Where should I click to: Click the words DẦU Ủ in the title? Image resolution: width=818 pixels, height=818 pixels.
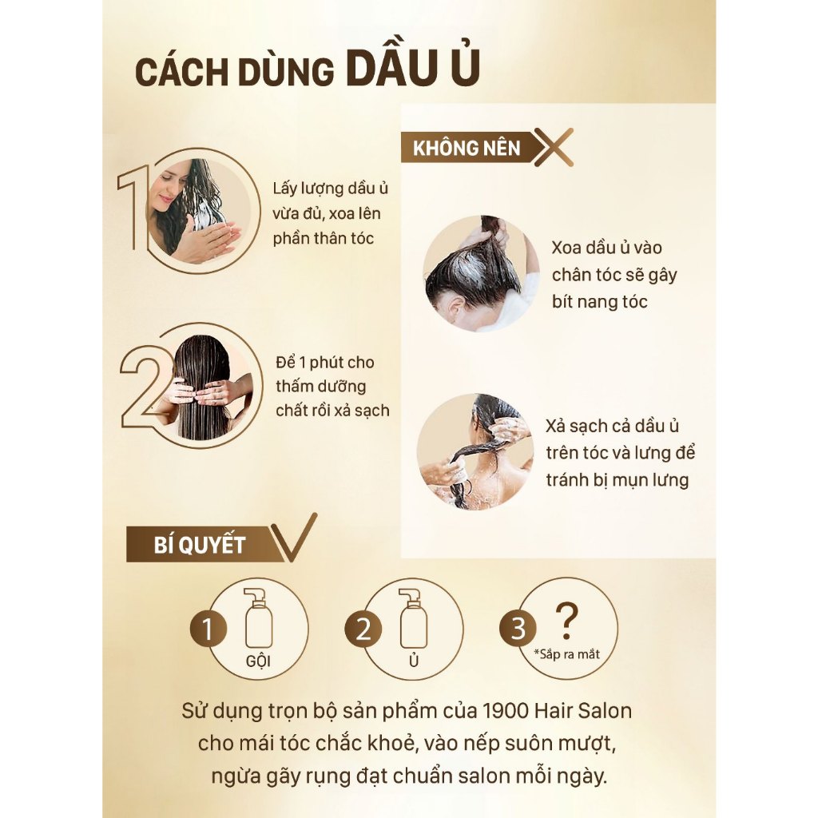(413, 67)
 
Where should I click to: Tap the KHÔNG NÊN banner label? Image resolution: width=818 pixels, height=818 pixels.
(467, 148)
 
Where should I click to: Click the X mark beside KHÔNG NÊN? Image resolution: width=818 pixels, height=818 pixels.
(554, 147)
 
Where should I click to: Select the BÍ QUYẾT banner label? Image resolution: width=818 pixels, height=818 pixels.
(199, 545)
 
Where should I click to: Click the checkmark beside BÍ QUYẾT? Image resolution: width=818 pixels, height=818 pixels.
(295, 538)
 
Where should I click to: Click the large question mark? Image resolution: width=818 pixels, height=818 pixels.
(566, 621)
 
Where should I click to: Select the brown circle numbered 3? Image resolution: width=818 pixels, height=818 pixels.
(518, 628)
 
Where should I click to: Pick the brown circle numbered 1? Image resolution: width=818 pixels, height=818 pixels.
(208, 629)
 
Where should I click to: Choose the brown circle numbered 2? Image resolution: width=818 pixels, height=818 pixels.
(363, 629)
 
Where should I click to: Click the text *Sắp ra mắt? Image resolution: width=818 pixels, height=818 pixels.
(566, 653)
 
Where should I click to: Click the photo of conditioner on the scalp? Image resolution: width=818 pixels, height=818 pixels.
(480, 273)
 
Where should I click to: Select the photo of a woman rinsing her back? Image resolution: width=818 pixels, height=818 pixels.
(475, 451)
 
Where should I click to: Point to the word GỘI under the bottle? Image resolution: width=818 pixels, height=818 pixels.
(258, 661)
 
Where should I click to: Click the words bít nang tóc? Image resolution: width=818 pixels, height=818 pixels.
(599, 301)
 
